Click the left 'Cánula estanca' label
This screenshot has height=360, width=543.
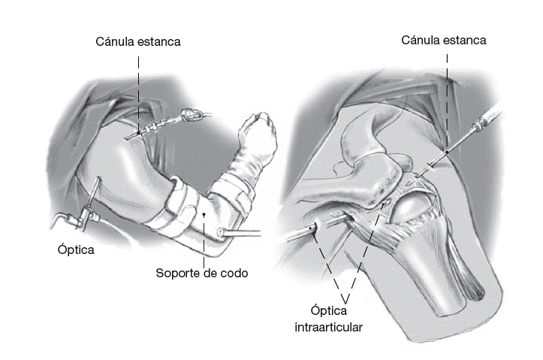(138, 41)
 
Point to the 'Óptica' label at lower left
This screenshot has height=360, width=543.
(75, 250)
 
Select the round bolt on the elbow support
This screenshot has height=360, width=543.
(222, 232)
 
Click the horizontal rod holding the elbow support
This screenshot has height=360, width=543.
(244, 234)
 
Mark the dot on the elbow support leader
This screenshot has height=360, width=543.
(204, 215)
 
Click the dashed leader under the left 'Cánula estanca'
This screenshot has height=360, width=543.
(138, 90)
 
